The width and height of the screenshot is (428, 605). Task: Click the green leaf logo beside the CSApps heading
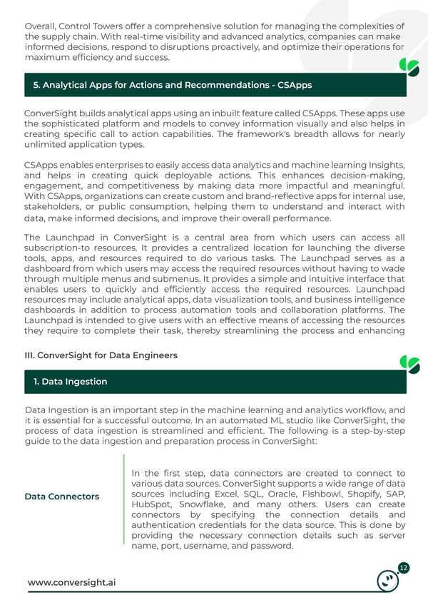(409, 68)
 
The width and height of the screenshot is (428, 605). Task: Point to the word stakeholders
(53, 207)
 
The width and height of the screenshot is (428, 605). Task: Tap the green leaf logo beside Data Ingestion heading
(409, 364)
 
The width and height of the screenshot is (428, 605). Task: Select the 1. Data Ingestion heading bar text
(71, 382)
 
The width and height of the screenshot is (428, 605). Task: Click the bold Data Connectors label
(62, 496)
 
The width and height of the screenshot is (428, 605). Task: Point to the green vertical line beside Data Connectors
(124, 504)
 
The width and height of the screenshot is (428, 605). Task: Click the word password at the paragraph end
(271, 546)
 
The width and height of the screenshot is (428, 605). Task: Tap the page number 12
(404, 568)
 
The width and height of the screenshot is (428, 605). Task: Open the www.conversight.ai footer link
(71, 583)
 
